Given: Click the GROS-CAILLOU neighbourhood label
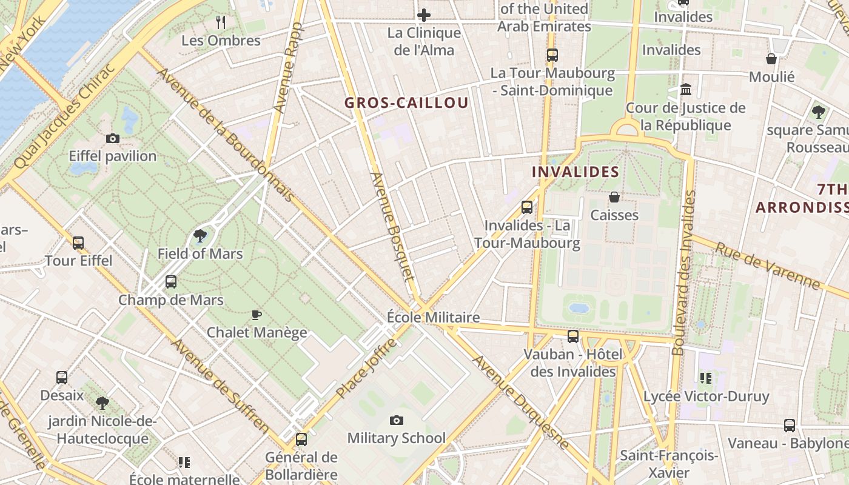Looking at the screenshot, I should tap(406, 103).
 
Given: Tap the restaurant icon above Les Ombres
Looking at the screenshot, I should tap(221, 22).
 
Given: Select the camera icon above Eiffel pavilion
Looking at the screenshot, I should tap(113, 138).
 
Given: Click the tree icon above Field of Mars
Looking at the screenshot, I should tap(200, 236).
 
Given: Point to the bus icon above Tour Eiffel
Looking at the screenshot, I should tap(78, 243).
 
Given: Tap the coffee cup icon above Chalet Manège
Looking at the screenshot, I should tap(257, 315).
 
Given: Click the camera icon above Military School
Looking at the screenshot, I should tap(397, 420).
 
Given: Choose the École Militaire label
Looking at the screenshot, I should tap(434, 317).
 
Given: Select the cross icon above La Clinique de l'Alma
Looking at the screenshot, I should tap(424, 15).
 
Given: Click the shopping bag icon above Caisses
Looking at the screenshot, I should tap(614, 197).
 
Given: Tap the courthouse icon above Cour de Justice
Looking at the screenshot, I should tap(686, 90).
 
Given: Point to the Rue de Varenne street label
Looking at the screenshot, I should tap(768, 265).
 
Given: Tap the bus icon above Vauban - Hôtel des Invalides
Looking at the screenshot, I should tap(573, 336).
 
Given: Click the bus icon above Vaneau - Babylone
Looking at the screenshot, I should tap(789, 426).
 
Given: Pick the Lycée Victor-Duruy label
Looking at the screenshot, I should tap(706, 396).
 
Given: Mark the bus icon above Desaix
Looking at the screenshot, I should tap(62, 378).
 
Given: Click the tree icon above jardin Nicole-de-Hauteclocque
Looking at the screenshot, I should tap(102, 403).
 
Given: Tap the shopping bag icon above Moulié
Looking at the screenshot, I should tap(771, 59).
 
